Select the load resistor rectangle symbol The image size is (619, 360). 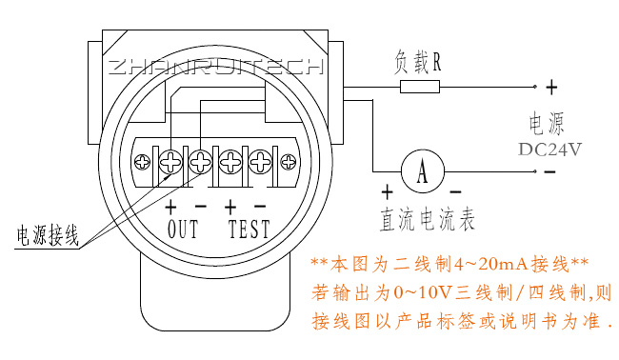(420, 87)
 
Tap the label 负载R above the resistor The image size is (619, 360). (417, 63)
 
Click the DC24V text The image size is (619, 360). (549, 150)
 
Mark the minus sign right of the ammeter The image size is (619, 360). (455, 192)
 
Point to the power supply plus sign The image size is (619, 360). (551, 88)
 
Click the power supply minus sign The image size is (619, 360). (551, 171)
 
